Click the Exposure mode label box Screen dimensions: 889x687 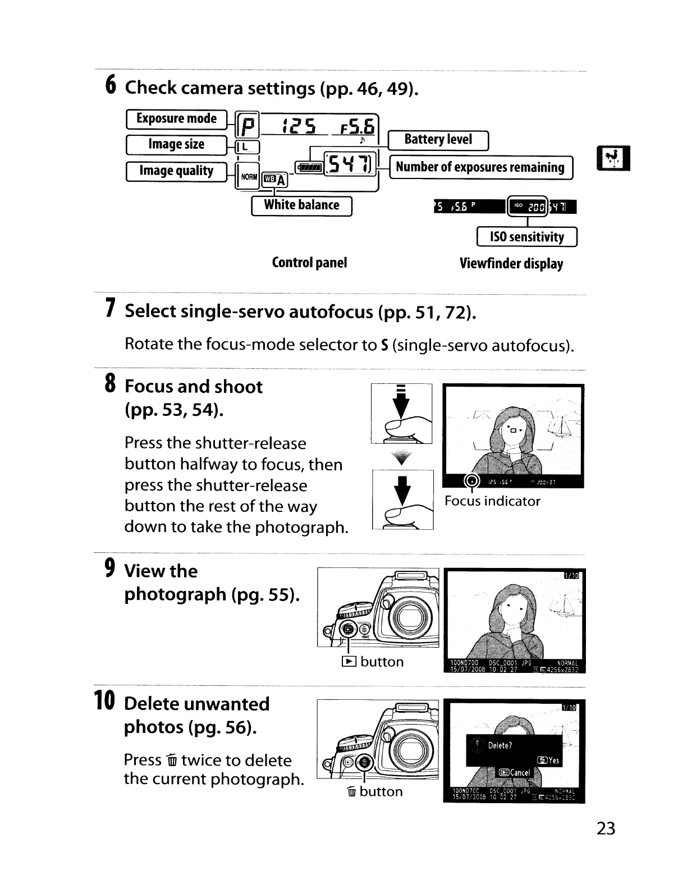(176, 119)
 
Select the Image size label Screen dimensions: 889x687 (176, 145)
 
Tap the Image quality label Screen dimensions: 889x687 (176, 171)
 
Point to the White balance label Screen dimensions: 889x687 (301, 205)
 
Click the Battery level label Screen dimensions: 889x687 (438, 140)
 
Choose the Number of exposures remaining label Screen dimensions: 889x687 (480, 167)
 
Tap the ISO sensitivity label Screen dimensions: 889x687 (526, 237)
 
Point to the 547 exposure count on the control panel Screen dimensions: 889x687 (349, 164)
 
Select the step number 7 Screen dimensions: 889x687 (111, 309)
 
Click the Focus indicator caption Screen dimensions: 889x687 (492, 501)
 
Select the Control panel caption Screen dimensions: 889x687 (309, 263)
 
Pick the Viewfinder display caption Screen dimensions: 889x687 (511, 264)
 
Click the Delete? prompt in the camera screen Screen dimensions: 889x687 (500, 745)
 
